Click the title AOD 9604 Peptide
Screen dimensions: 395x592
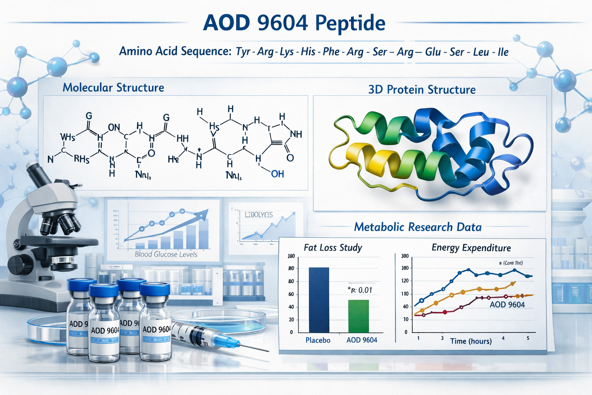pos(294,23)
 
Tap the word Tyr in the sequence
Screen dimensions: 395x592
pos(243,52)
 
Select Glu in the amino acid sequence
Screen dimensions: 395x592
pos(433,52)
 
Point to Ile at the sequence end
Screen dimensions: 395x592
pos(503,52)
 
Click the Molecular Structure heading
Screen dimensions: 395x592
pos(113,88)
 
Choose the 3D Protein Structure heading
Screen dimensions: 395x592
pos(422,89)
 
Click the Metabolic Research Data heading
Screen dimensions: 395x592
pos(418,227)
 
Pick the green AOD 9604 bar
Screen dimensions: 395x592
pos(358,316)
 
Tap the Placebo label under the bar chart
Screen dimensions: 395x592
pos(318,340)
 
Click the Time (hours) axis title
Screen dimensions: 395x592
pos(471,341)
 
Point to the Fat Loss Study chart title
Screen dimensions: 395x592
pos(333,248)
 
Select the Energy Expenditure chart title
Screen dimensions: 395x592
pos(471,248)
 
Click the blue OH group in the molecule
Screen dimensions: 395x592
pos(277,174)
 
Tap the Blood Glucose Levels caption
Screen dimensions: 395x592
pos(166,254)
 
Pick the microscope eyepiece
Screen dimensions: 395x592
pos(35,170)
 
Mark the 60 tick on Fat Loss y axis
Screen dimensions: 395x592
pos(291,294)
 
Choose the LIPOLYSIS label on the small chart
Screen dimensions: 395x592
pos(259,214)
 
